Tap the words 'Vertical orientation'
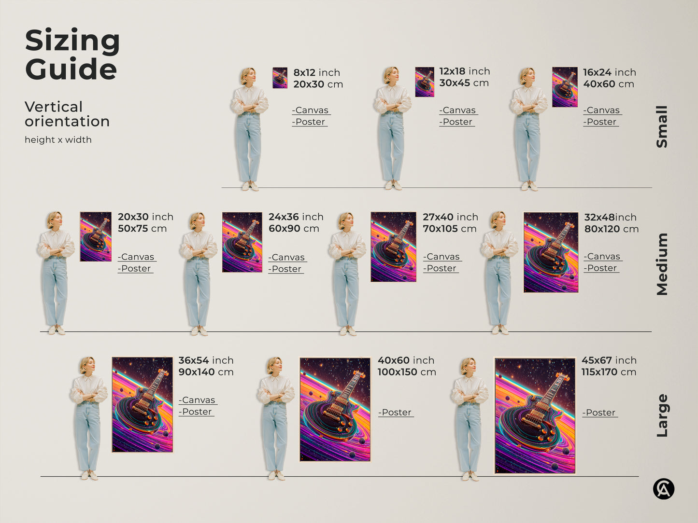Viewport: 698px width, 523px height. (67, 114)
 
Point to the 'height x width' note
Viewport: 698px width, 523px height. (58, 140)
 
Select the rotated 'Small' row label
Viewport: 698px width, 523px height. (662, 126)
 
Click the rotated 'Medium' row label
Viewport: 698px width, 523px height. (662, 264)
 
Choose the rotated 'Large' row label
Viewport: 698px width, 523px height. (662, 415)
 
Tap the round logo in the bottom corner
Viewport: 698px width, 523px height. (664, 489)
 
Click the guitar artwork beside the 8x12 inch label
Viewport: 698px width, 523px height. (280, 78)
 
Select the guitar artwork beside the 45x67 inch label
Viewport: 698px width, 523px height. (535, 415)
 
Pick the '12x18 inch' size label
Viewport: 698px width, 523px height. (464, 71)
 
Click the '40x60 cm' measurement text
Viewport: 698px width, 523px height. (608, 84)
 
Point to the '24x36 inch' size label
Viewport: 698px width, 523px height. (296, 217)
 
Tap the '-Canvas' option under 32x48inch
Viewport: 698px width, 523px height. (602, 257)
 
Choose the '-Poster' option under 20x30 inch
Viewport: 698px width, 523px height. (135, 269)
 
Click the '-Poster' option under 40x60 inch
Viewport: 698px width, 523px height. (396, 413)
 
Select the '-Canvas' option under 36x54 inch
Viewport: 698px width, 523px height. (198, 400)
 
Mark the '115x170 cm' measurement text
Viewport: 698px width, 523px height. (609, 372)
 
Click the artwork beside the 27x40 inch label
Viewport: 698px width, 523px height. (393, 247)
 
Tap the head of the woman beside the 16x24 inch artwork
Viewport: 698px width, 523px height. (527, 76)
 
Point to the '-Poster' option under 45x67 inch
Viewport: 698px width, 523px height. (599, 413)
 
